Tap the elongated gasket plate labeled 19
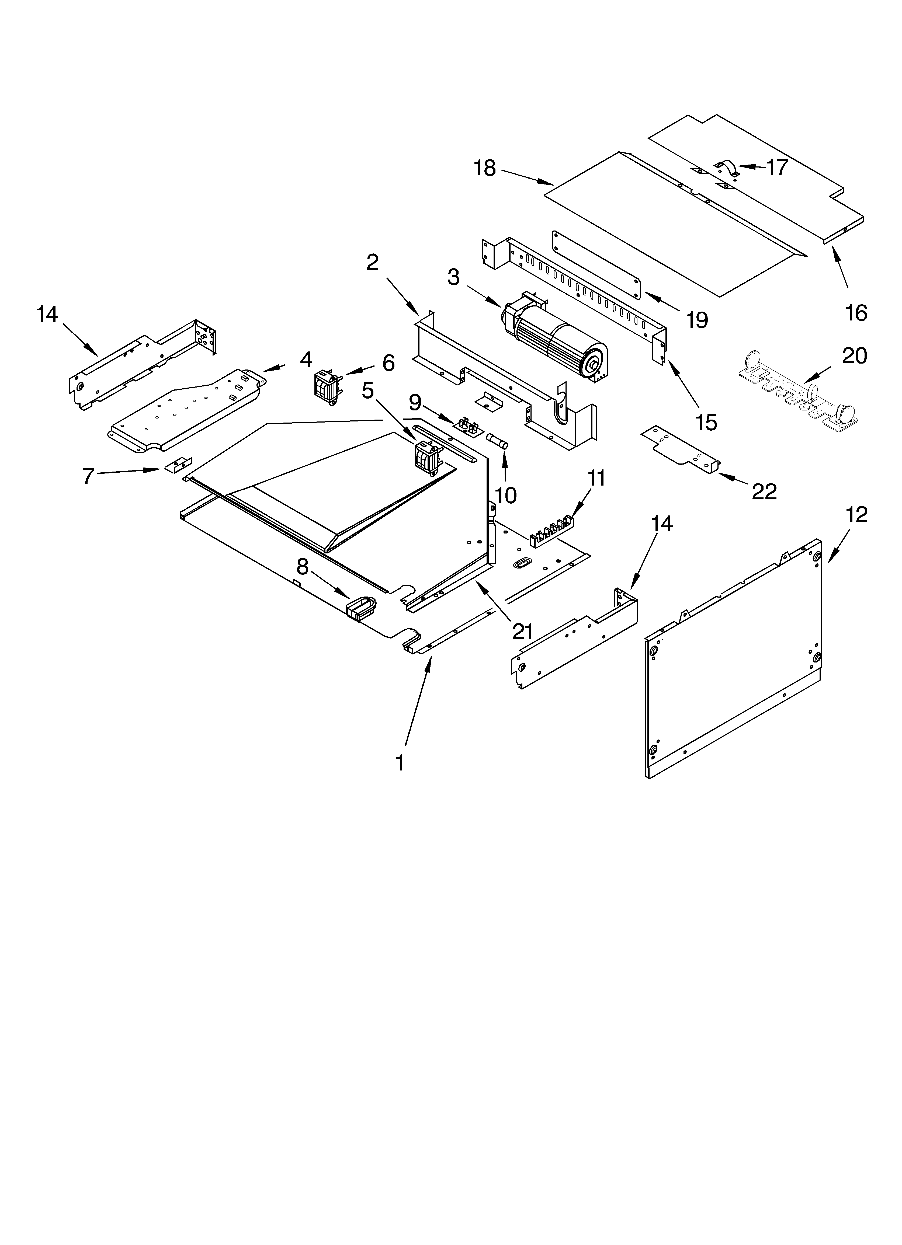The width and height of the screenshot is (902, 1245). pyautogui.click(x=596, y=263)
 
